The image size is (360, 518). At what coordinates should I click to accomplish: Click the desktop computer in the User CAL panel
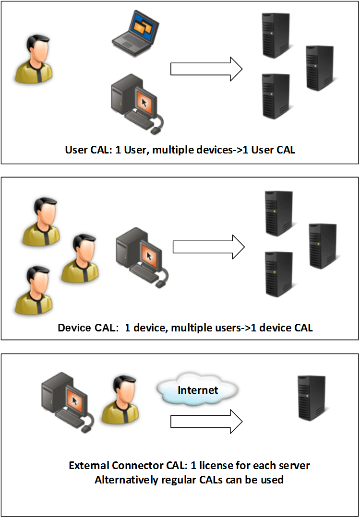[x=137, y=102]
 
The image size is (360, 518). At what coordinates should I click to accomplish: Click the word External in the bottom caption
[x=88, y=465]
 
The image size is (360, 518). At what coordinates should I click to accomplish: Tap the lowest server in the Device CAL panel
[x=279, y=274]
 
